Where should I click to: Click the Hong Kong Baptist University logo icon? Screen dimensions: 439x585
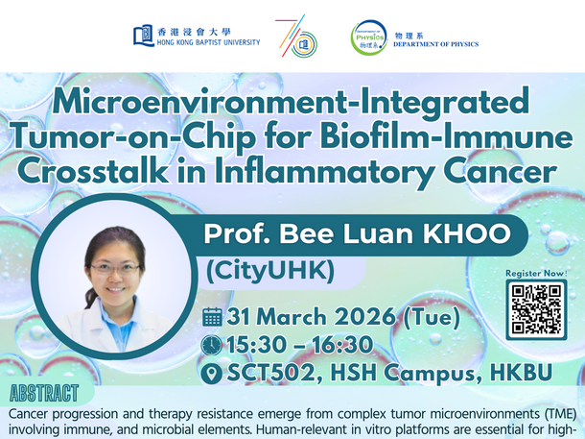pyautogui.click(x=144, y=37)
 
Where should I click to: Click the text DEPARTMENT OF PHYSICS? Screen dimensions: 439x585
pyautogui.click(x=436, y=44)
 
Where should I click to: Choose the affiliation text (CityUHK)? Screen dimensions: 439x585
pyautogui.click(x=269, y=273)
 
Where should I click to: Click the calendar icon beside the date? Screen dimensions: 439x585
pyautogui.click(x=213, y=316)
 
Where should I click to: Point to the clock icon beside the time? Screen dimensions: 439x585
pyautogui.click(x=213, y=343)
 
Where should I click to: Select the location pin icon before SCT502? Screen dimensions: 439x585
pyautogui.click(x=213, y=371)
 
